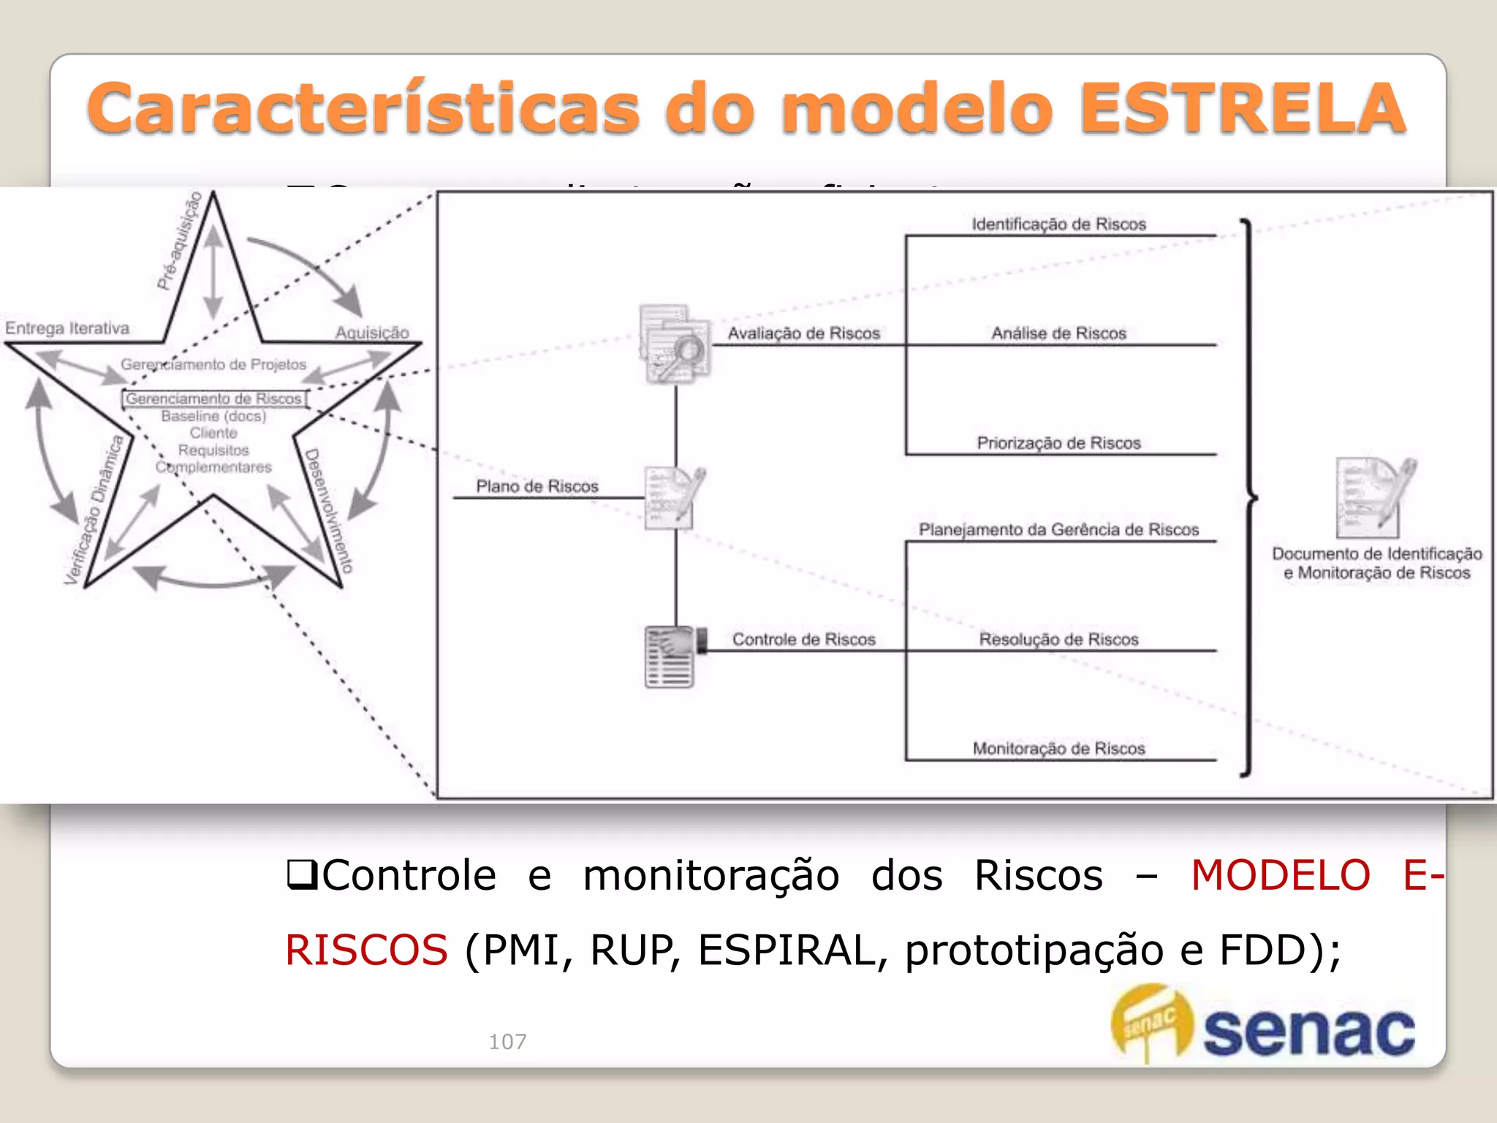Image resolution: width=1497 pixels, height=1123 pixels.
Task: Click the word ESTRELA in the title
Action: pyautogui.click(x=1243, y=108)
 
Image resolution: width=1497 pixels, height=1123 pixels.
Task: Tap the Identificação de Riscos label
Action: pyautogui.click(x=1058, y=224)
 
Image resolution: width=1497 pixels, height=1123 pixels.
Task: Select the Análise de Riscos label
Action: pyautogui.click(x=1058, y=333)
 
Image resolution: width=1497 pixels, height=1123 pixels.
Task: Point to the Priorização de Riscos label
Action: pyautogui.click(x=1058, y=443)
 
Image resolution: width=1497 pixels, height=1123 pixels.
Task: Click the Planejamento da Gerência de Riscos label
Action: pyautogui.click(x=1058, y=529)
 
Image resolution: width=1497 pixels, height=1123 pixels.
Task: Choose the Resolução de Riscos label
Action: pyautogui.click(x=1058, y=640)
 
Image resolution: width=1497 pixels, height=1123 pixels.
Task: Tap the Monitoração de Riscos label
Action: pyautogui.click(x=1058, y=749)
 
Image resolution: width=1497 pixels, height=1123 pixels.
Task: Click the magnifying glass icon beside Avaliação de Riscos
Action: pyautogui.click(x=676, y=344)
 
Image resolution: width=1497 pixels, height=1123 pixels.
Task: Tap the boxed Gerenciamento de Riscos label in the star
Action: pyautogui.click(x=213, y=398)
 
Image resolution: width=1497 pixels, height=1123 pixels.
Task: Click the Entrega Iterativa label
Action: pyautogui.click(x=67, y=328)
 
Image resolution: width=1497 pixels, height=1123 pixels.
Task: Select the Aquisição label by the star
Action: pyautogui.click(x=372, y=333)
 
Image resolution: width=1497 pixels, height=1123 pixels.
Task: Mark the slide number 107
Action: pyautogui.click(x=507, y=1041)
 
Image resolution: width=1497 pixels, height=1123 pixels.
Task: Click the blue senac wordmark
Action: pyautogui.click(x=1308, y=1031)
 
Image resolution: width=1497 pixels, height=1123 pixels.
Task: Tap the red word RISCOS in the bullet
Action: pyautogui.click(x=366, y=950)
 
